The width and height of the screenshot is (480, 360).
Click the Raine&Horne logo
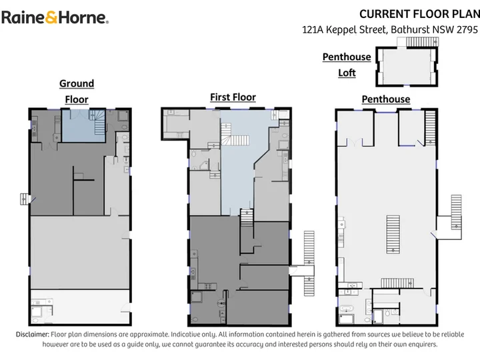55,17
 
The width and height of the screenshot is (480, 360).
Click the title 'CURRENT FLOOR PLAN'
420,14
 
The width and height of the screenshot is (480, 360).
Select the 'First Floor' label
233,97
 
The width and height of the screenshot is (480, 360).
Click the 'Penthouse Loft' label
347,65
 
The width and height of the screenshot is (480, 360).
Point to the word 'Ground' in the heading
77,83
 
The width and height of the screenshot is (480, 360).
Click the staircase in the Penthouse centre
393,234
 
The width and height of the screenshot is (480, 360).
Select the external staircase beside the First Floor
309,263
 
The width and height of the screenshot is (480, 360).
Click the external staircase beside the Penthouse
456,217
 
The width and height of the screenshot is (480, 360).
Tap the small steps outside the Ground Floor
24,199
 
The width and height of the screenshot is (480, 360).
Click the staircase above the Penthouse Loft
422,41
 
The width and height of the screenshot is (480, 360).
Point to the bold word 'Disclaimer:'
33,334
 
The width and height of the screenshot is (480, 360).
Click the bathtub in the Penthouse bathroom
347,307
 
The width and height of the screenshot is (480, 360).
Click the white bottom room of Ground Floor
80,307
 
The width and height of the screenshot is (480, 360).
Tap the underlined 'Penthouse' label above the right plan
386,99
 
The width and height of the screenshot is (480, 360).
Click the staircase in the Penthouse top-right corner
431,127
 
